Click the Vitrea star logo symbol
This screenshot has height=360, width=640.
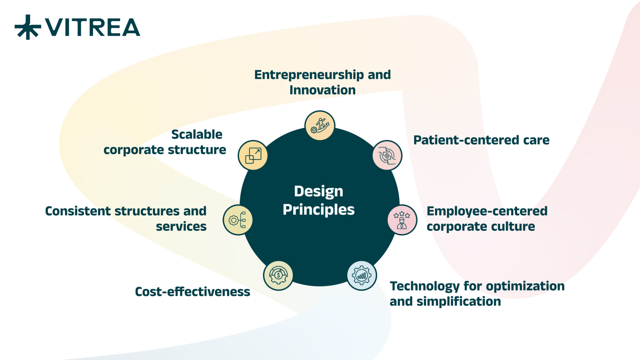[28, 27]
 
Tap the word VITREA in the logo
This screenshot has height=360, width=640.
[92, 28]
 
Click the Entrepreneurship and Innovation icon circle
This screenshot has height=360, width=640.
[320, 126]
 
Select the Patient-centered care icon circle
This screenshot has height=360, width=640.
[387, 156]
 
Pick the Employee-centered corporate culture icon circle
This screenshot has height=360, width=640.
[402, 220]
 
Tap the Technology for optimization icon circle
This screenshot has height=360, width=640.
[362, 276]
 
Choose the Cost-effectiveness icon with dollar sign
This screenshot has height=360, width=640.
[278, 276]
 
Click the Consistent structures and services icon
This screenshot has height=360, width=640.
[238, 220]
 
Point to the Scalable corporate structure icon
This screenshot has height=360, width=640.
[253, 156]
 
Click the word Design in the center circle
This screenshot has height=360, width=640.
[318, 192]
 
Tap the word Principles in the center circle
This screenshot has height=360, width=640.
[318, 210]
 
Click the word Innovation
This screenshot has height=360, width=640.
[322, 90]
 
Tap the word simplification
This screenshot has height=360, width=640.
[459, 302]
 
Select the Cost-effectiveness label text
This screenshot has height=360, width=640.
[192, 292]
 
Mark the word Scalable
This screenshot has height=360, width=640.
[197, 134]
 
